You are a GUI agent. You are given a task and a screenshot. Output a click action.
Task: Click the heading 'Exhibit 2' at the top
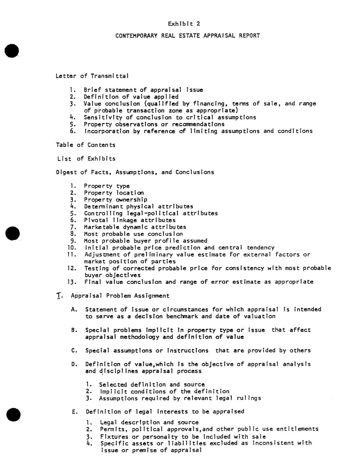(x=184, y=24)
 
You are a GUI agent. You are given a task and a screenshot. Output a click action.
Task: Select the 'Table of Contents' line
(x=86, y=145)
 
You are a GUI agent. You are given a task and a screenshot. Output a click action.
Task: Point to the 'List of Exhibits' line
(x=86, y=158)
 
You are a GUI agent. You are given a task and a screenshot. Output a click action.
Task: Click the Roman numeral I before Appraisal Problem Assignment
(x=59, y=296)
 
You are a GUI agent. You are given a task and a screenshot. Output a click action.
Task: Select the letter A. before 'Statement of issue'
(x=74, y=309)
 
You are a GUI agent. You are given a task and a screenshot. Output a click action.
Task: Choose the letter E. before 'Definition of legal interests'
(x=74, y=412)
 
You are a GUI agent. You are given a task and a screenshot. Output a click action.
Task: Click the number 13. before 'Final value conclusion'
(x=72, y=282)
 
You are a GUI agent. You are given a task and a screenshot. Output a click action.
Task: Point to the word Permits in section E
(x=111, y=429)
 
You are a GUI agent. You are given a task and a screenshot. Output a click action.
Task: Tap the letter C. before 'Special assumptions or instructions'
(x=74, y=351)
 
